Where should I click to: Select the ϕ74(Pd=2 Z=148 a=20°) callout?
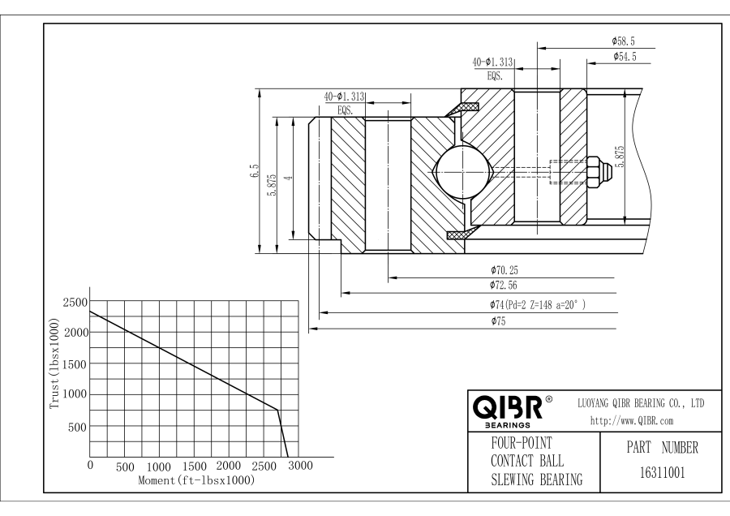point(538,304)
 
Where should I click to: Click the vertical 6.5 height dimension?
point(255,171)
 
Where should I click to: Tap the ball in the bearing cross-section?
point(463,171)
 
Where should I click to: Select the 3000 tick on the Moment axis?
point(300,467)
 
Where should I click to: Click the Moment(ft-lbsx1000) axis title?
point(197,480)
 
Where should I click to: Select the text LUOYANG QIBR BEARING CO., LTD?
point(641,403)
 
